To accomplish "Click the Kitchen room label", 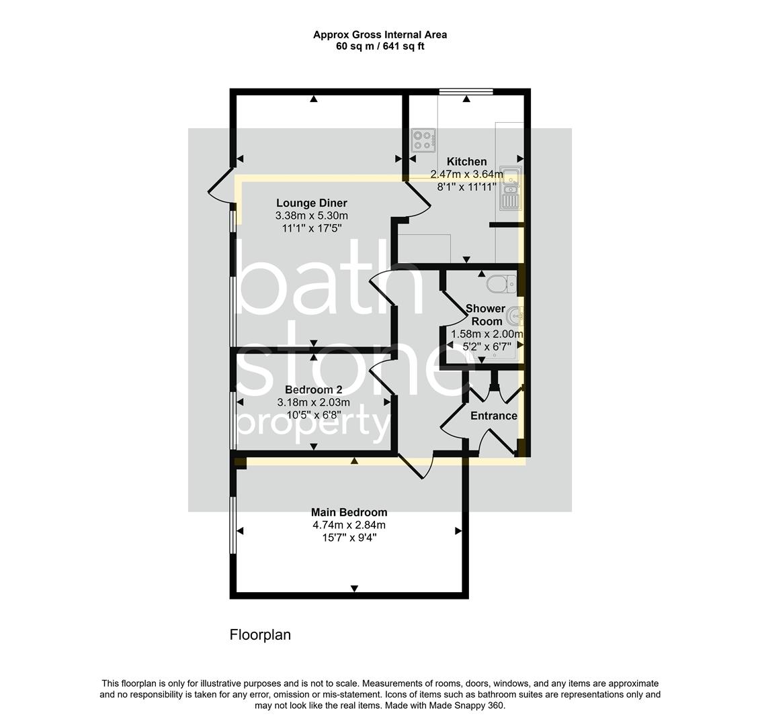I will point(466,162).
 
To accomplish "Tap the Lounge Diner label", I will point(312,203).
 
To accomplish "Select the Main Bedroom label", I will point(349,512).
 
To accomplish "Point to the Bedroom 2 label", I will point(313,390).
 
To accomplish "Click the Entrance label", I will point(493,416).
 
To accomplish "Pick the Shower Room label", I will point(486,315).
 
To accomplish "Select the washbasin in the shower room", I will point(515,314).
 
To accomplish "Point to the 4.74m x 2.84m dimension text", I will point(349,525).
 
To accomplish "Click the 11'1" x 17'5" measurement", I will point(312,228).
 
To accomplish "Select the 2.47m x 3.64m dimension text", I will point(466,175).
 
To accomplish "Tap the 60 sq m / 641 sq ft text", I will point(380,46).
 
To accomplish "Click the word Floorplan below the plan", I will point(260,635).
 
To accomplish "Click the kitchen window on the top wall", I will point(466,91).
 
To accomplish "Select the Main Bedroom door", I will point(416,466).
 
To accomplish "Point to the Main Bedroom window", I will point(233,525).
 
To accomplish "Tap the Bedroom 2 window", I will point(233,420).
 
